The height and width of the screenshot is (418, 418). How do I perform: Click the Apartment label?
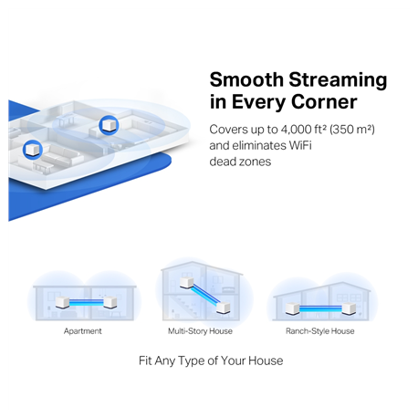83,331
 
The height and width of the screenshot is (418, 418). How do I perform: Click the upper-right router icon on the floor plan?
109,122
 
